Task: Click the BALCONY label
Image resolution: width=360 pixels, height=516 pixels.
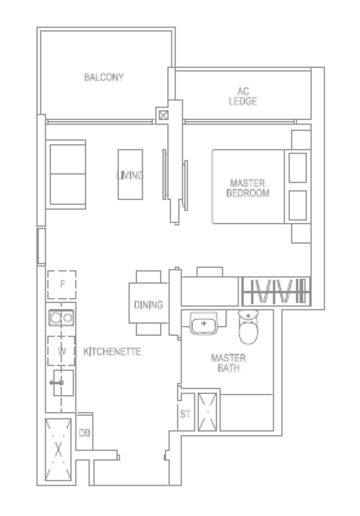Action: pos(104,77)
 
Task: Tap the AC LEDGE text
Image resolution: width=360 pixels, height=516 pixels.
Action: pos(243,96)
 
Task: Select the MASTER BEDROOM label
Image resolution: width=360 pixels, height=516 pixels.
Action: pos(248,188)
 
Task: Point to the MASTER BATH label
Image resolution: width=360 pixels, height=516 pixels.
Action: pos(228,363)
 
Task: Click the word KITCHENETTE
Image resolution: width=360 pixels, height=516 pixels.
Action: pos(112,352)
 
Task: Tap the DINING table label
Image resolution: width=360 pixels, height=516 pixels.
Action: pos(148,305)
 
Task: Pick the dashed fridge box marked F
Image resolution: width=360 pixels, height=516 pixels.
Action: pos(62,285)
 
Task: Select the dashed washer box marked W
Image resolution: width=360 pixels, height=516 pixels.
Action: pos(61,351)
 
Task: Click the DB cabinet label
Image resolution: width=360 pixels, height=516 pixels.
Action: pos(84,433)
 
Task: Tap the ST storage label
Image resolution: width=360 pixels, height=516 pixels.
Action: pos(185,414)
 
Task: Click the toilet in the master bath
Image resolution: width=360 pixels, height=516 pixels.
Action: pos(248,327)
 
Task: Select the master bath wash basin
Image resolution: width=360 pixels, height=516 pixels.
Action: pos(204,323)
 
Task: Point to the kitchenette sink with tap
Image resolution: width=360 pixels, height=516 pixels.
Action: pos(63,383)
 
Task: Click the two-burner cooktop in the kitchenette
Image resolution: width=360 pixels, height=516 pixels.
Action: pos(61,318)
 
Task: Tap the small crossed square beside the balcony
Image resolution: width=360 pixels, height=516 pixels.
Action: pos(163,115)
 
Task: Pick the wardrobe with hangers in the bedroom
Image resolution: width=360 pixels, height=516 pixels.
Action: pos(276,291)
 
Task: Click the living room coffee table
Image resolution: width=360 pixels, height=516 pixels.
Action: pos(130,174)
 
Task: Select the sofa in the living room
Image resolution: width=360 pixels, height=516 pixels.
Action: pos(66,174)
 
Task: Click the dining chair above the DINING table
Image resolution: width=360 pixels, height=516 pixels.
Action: pos(148,277)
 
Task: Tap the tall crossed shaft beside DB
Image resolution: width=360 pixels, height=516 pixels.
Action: pos(58,450)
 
